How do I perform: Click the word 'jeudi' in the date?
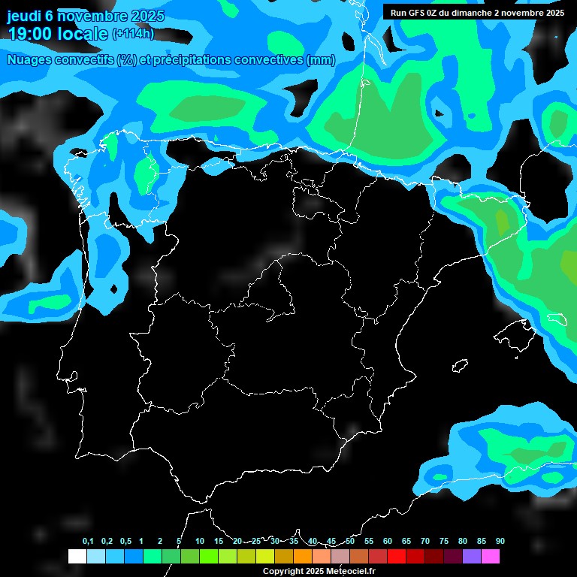click(x=24, y=16)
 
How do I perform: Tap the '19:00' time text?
click(x=30, y=33)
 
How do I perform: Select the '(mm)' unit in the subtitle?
click(x=321, y=60)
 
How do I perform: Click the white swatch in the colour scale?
click(x=77, y=557)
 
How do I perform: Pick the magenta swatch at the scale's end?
click(x=491, y=557)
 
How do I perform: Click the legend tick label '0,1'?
click(x=88, y=541)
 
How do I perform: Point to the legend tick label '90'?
click(x=500, y=541)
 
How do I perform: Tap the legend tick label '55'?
click(x=369, y=541)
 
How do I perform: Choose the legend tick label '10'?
click(x=200, y=541)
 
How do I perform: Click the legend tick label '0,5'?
click(x=125, y=541)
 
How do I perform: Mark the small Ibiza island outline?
click(x=460, y=366)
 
